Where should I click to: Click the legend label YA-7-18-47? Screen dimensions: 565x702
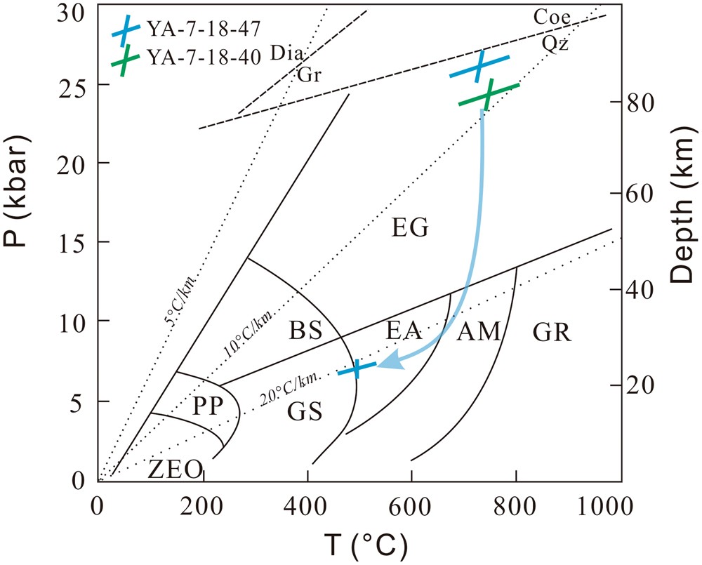click(204, 29)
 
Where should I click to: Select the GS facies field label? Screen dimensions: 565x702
click(305, 412)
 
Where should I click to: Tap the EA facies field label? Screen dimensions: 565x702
click(403, 331)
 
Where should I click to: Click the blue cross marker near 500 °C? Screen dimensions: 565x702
click(357, 368)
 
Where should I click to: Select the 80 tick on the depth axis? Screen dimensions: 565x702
click(636, 102)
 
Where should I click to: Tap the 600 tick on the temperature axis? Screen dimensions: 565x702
click(412, 505)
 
